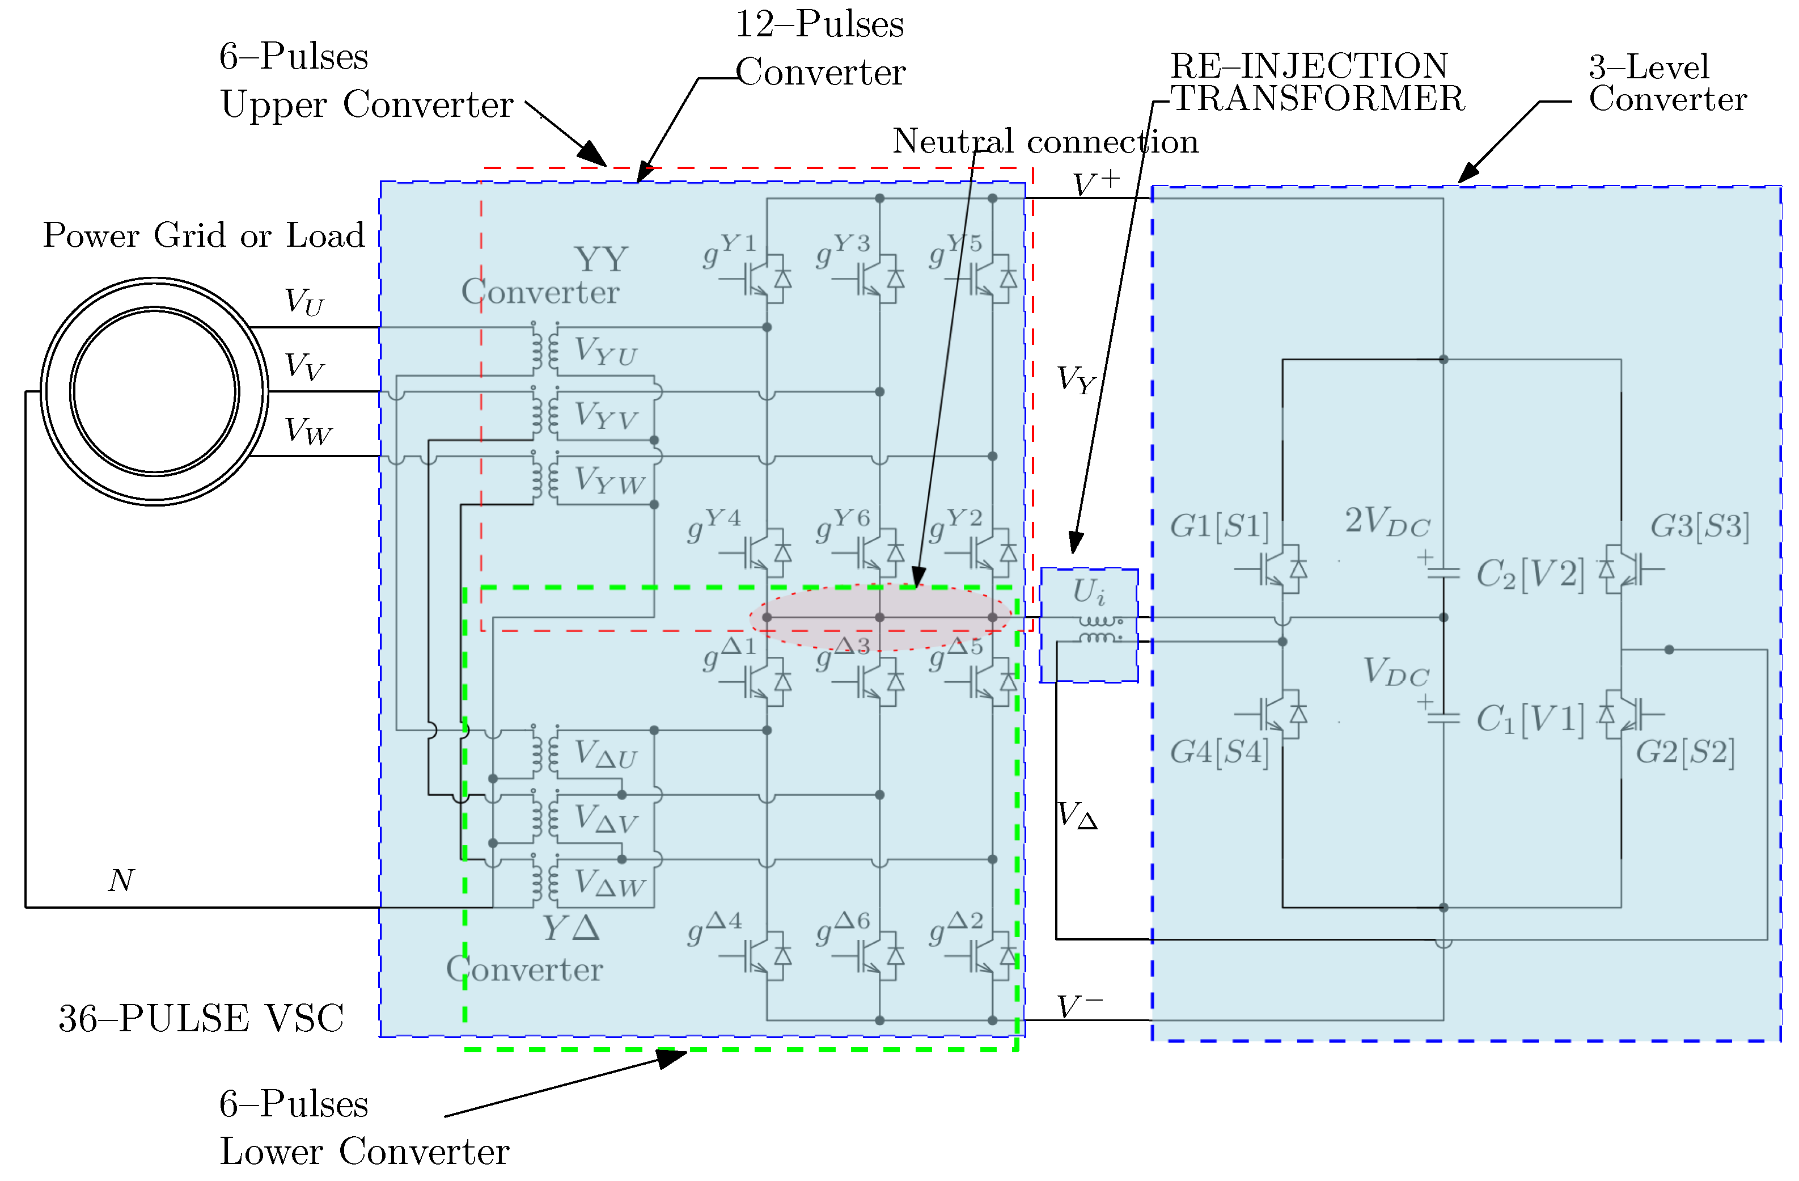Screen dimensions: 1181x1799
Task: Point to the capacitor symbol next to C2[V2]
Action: pyautogui.click(x=1443, y=572)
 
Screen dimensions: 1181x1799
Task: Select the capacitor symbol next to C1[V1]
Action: pyautogui.click(x=1443, y=718)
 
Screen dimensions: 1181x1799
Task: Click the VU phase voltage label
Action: pyautogui.click(x=304, y=301)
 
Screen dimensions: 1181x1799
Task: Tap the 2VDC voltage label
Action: pyautogui.click(x=1386, y=522)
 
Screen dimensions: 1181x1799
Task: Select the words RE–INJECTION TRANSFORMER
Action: pyautogui.click(x=1315, y=82)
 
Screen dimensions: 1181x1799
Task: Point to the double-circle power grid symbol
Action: pyautogui.click(x=154, y=391)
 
